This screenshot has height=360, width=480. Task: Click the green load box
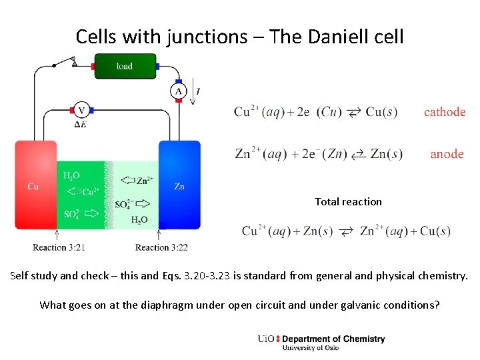pos(125,65)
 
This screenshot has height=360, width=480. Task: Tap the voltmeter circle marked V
pos(81,109)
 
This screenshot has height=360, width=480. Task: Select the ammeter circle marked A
pos(178,91)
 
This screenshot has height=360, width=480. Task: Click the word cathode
pos(445,112)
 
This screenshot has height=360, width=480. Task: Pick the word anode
pos(447,154)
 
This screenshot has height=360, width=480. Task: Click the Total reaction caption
pos(348,201)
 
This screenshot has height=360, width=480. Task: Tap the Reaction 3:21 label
pos(59,247)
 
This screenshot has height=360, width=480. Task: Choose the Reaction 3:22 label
pos(161,247)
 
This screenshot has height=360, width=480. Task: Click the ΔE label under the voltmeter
pos(81,124)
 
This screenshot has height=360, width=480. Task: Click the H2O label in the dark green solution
pos(71,176)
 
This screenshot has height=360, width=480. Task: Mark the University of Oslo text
pos(310,347)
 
